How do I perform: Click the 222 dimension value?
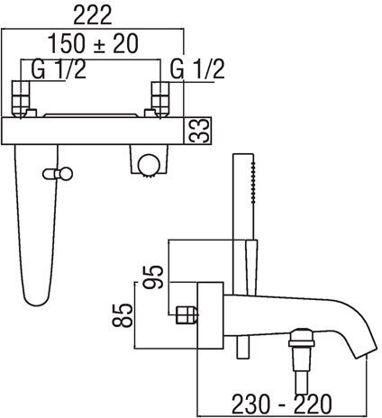93,15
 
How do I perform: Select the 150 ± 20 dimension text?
93,44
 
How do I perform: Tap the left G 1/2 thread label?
59,69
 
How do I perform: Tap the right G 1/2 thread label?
197,69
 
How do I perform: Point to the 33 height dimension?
199,131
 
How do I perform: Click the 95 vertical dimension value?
153,277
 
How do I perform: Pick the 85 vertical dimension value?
123,315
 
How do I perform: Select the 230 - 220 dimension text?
282,404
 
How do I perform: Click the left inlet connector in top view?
21,99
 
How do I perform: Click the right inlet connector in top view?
160,99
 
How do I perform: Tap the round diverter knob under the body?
149,164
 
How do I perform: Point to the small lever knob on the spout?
58,174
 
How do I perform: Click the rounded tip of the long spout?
36,300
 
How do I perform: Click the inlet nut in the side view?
186,315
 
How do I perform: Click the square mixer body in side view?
210,315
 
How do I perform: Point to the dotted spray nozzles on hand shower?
254,183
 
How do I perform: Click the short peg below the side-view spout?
243,347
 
